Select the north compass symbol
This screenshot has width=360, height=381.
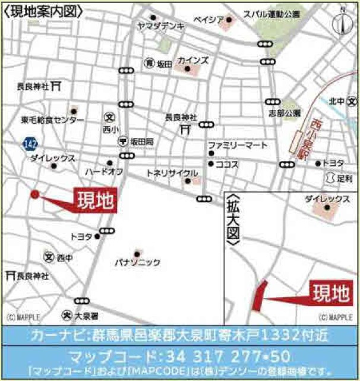(343, 23)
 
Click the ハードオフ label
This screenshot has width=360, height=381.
(103, 171)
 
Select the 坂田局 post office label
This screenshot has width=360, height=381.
(141, 141)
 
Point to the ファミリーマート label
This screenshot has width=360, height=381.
(237, 146)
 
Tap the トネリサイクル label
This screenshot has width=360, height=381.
(167, 173)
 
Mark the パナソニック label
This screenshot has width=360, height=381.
(137, 262)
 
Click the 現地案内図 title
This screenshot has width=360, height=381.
(42, 10)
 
